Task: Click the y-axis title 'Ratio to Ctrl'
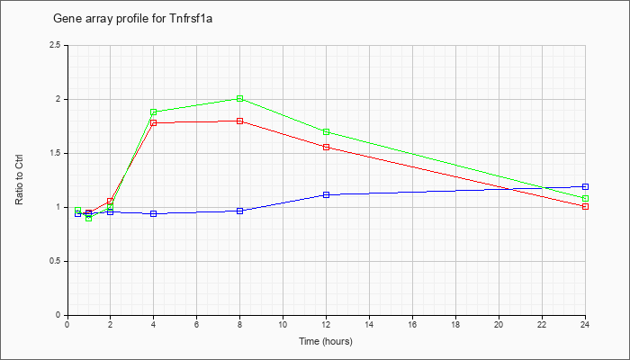[21, 180]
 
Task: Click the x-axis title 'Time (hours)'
[326, 342]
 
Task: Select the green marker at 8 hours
[240, 98]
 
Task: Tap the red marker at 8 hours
[240, 121]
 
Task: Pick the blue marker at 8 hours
[240, 211]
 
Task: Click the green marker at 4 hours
[154, 112]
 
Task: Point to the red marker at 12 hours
[327, 147]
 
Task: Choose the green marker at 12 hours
[327, 132]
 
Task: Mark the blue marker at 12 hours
[327, 194]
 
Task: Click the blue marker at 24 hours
[586, 186]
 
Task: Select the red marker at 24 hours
[586, 206]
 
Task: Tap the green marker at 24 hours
[586, 198]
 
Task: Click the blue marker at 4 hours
[154, 213]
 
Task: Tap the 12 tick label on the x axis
[327, 324]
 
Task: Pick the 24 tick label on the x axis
[586, 324]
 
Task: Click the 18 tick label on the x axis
[456, 324]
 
